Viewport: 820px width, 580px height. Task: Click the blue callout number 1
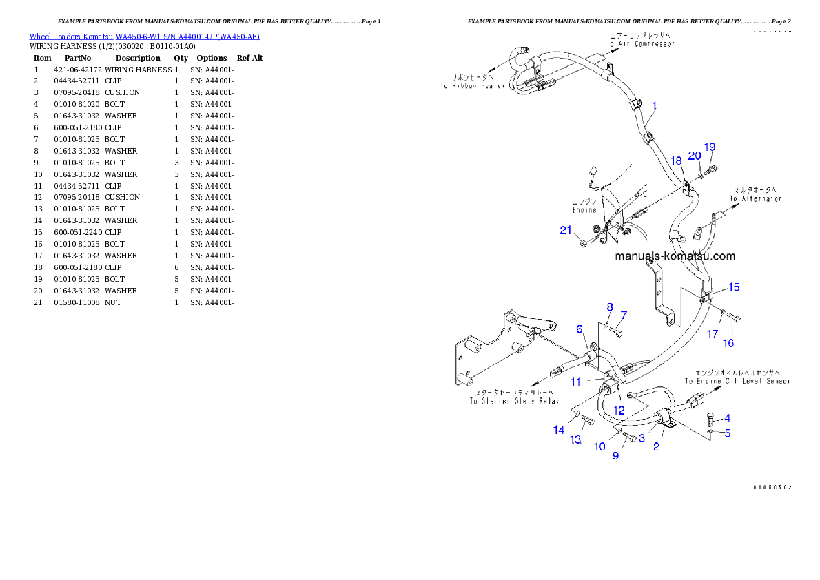[x=654, y=106]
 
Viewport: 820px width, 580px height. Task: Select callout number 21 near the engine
[x=566, y=231]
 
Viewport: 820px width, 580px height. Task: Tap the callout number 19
[x=710, y=147]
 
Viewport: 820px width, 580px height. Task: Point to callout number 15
[x=734, y=287]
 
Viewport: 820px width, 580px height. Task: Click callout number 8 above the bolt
[x=609, y=307]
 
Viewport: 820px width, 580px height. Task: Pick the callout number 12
[x=619, y=410]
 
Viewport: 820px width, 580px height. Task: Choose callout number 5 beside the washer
[x=727, y=433]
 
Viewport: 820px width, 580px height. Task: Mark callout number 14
[x=559, y=430]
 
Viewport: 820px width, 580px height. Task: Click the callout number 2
[x=656, y=446]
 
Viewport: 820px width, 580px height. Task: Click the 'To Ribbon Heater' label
[x=474, y=82]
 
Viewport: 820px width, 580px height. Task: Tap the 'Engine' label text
[x=584, y=206]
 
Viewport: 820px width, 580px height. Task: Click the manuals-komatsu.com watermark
[x=675, y=256]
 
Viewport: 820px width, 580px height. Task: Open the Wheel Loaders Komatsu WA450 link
[x=144, y=37]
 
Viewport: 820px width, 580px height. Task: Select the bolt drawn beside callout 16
[x=734, y=318]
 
